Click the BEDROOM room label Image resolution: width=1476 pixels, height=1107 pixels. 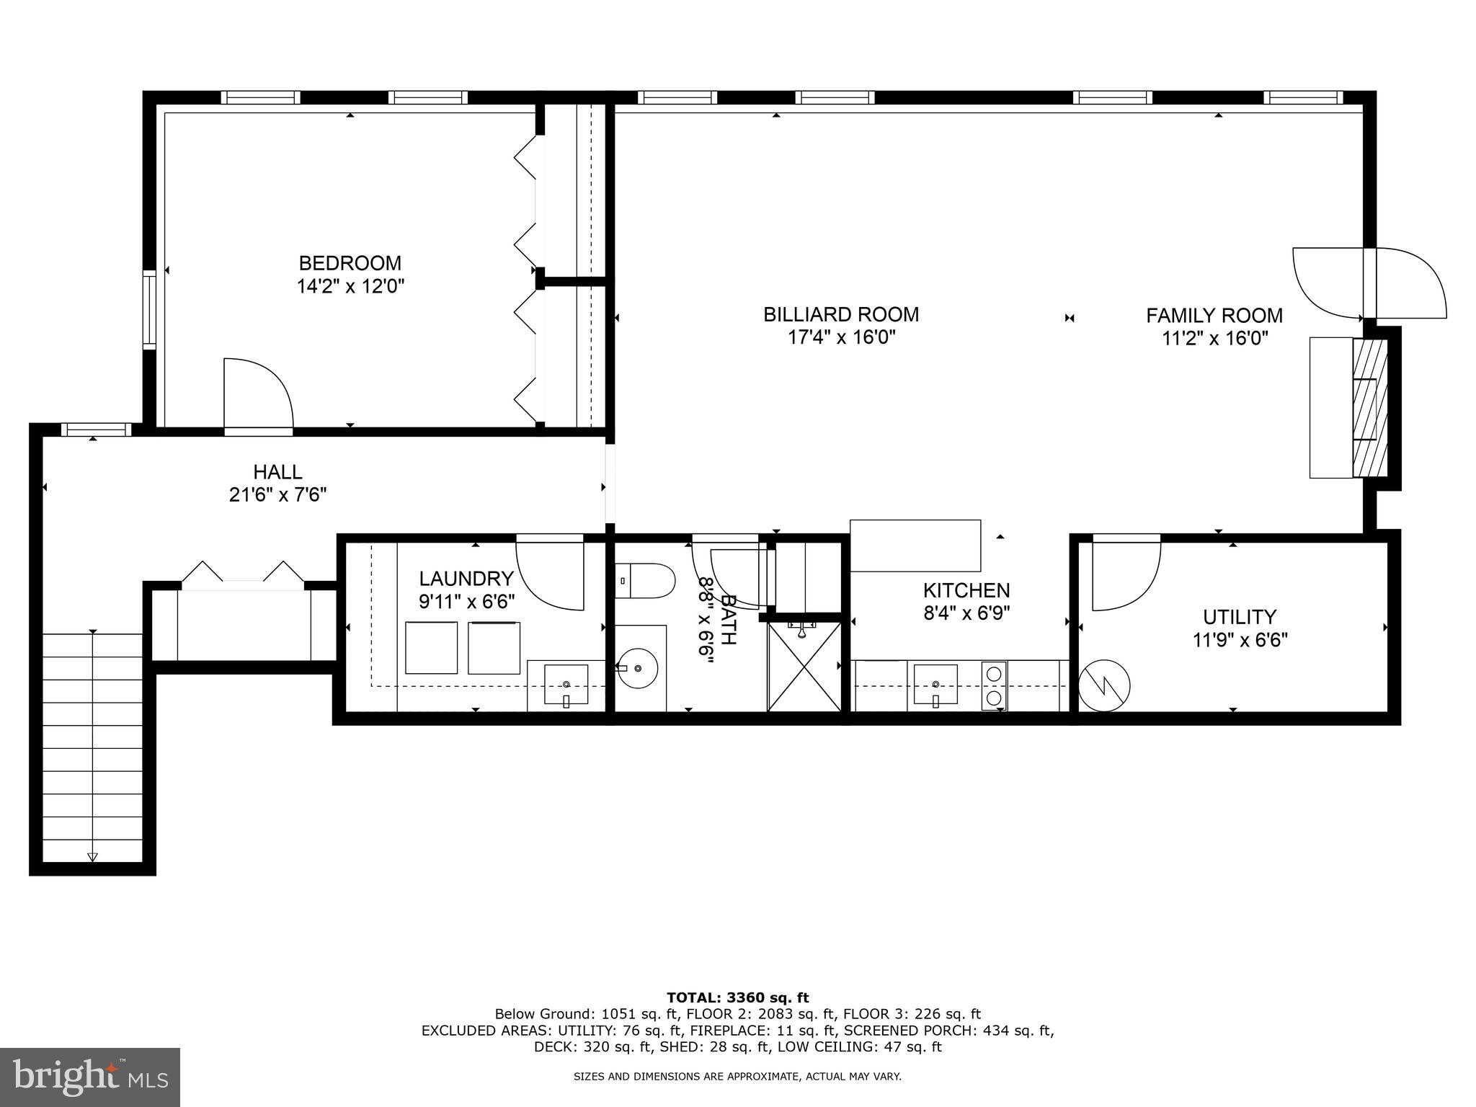pyautogui.click(x=350, y=263)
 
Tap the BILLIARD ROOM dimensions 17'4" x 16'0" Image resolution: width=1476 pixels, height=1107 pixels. pyautogui.click(x=841, y=337)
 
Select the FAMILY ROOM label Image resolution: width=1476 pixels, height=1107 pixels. pyautogui.click(x=1214, y=316)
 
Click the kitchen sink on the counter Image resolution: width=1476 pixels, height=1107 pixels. pyautogui.click(x=935, y=684)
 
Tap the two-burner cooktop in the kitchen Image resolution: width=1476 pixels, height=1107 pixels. pyautogui.click(x=994, y=685)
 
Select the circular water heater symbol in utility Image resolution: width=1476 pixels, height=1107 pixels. pyautogui.click(x=1103, y=686)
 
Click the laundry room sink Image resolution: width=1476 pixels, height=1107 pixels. pyautogui.click(x=566, y=685)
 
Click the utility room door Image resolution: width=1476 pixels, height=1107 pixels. pyautogui.click(x=1126, y=573)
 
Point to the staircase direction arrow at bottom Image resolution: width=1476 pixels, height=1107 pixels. pyautogui.click(x=92, y=856)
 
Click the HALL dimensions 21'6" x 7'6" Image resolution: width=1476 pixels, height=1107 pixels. pyautogui.click(x=277, y=495)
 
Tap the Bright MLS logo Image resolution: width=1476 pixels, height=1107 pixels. pyautogui.click(x=90, y=1077)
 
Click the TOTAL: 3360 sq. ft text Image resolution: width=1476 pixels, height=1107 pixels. pyautogui.click(x=737, y=997)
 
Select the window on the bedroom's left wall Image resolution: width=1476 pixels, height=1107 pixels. pyautogui.click(x=149, y=309)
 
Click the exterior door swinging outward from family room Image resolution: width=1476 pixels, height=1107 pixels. pyautogui.click(x=1409, y=283)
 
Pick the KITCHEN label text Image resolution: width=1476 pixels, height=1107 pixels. pyautogui.click(x=966, y=590)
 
